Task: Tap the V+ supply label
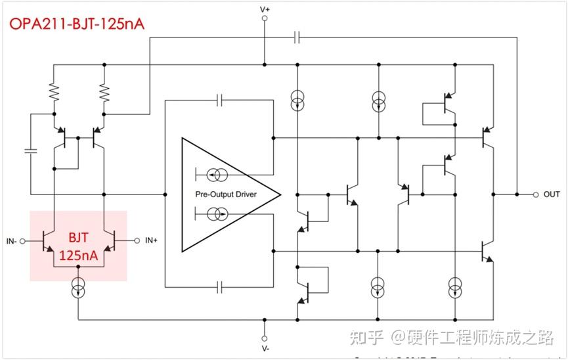[265, 9]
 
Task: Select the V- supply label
[265, 348]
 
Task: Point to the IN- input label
[12, 241]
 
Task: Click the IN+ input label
[151, 241]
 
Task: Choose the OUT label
[552, 194]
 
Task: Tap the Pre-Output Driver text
[226, 194]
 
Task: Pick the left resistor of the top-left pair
[54, 93]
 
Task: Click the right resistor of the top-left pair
[104, 93]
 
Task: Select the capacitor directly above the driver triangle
[220, 101]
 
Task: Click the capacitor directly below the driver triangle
[220, 287]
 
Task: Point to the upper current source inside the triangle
[217, 175]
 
